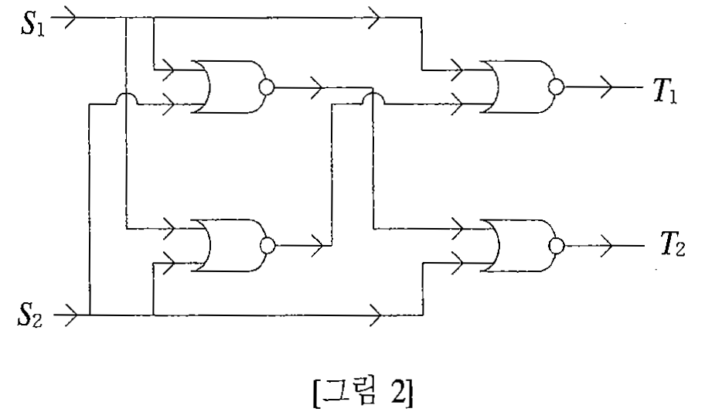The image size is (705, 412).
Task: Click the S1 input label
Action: (32, 24)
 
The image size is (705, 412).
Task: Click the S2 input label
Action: (30, 315)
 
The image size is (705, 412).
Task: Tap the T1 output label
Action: (665, 92)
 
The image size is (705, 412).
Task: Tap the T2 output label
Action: (673, 244)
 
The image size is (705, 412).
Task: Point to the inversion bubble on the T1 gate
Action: (557, 87)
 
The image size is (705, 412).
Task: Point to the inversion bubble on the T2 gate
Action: (557, 246)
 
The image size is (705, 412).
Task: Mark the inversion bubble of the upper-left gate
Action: (267, 87)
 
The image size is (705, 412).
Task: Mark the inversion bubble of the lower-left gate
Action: (267, 246)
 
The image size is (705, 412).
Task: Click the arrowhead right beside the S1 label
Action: (71, 18)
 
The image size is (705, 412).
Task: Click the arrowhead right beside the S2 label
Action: (71, 315)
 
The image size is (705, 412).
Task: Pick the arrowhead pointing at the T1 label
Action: (607, 87)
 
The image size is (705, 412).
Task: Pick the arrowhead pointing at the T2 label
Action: (607, 246)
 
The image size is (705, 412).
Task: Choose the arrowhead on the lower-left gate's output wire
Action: (318, 246)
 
